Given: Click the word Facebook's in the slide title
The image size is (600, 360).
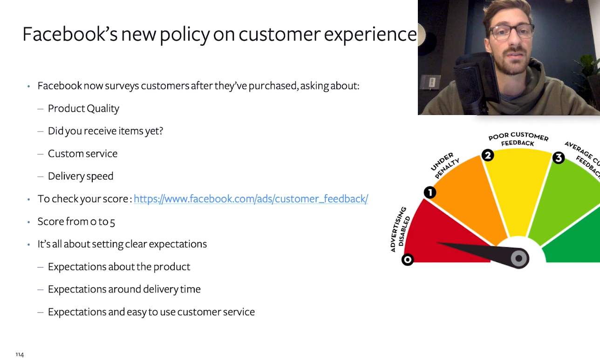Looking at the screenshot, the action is tap(70, 34).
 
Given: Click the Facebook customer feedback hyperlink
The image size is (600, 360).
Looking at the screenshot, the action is tap(251, 199).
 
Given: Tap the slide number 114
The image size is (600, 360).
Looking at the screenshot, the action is tap(20, 354).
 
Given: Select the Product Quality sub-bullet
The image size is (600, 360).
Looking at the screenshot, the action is tap(83, 109).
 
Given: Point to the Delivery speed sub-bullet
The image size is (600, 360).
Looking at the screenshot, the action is tap(81, 176).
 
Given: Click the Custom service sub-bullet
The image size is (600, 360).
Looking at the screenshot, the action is tap(82, 154).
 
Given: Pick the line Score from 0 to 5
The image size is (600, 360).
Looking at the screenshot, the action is tap(76, 222).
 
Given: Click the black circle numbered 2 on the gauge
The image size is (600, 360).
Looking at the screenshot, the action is tap(488, 156).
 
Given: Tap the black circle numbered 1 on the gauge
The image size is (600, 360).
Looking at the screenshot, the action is tap(430, 192).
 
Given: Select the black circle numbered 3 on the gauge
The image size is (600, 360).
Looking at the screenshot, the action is tap(559, 157).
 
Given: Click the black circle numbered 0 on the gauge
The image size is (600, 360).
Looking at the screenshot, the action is tap(408, 259).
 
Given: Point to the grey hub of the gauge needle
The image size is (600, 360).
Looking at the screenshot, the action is tap(519, 258).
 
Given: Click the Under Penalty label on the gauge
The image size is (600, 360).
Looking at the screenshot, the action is tap(445, 165).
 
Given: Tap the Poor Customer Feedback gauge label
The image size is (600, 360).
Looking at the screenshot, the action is tap(518, 139).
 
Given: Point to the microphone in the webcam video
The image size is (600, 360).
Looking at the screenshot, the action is tap(476, 83).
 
